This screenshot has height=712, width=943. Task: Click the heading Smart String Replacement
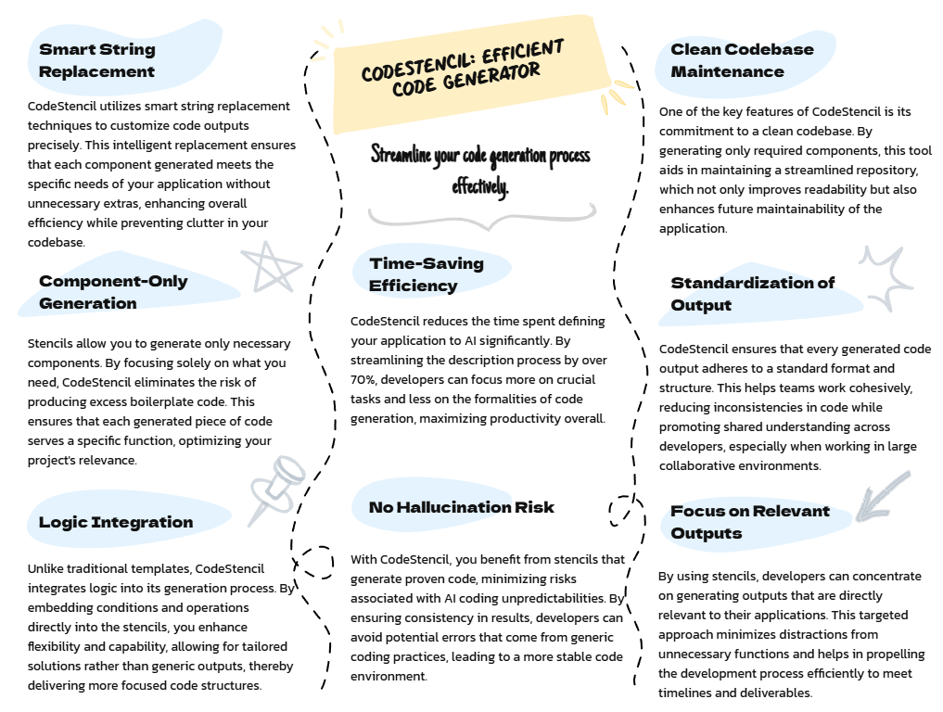97,60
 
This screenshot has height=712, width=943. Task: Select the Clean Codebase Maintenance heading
742,60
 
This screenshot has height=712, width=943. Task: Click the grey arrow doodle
881,496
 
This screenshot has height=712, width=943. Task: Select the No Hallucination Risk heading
461,507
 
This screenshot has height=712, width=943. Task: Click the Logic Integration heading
116,522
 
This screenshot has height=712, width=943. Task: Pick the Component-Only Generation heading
113,292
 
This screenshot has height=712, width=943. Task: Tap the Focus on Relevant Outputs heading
749,522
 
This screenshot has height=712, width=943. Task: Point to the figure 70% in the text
364,380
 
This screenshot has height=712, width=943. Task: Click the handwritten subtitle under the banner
480,170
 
